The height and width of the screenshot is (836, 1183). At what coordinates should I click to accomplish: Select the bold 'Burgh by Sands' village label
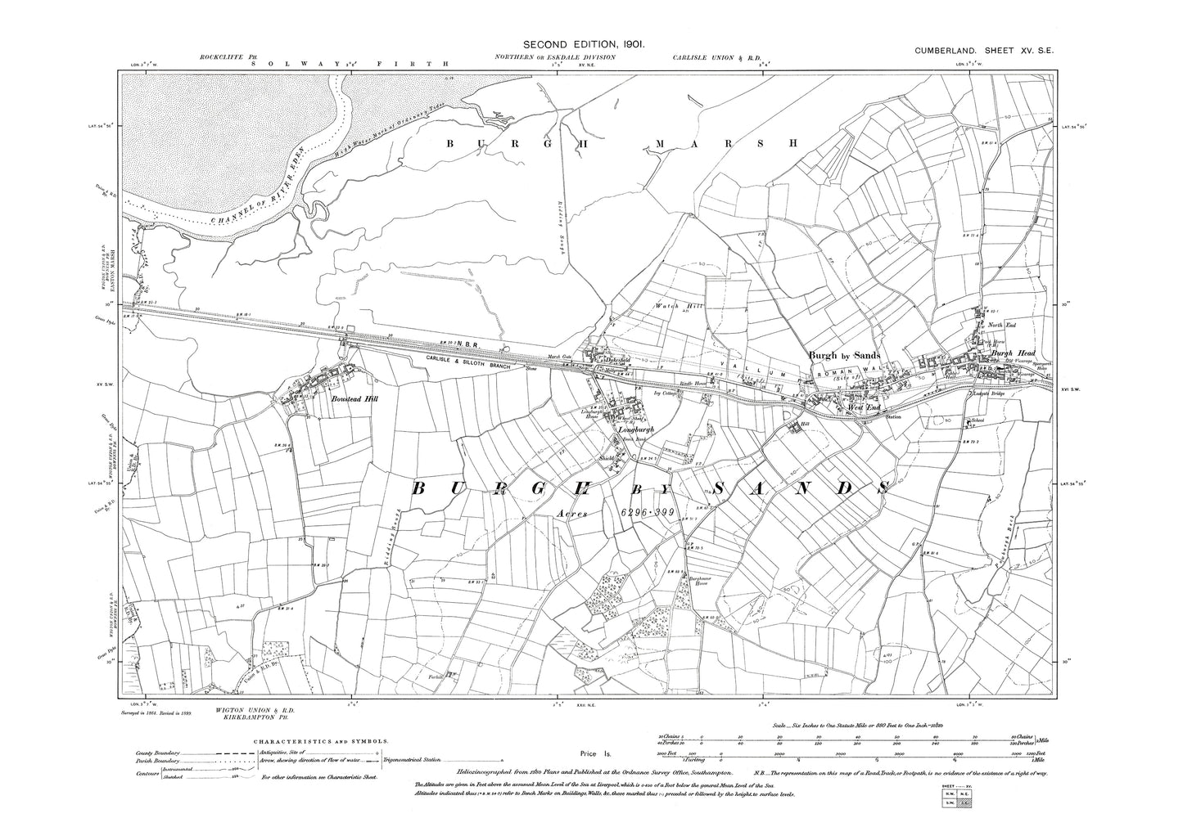(843, 355)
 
